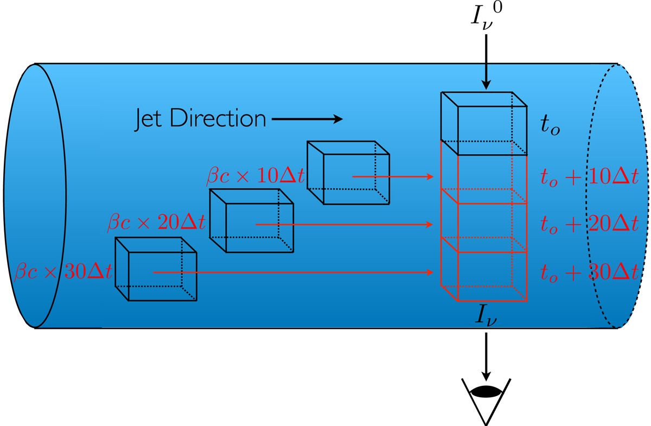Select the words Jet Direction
[x=200, y=119]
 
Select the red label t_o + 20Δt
[x=588, y=224]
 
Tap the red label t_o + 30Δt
[x=588, y=272]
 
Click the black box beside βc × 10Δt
[x=348, y=173]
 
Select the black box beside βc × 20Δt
[x=252, y=220]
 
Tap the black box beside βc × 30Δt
[x=155, y=269]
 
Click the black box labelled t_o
[x=484, y=124]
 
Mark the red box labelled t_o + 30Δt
[x=484, y=276]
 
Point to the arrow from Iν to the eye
[x=486, y=355]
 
